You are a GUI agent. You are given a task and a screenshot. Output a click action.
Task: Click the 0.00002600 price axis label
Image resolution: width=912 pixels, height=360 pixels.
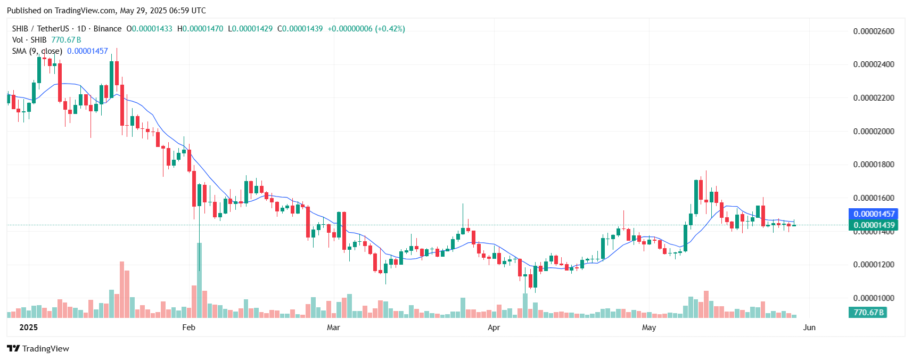[873, 31]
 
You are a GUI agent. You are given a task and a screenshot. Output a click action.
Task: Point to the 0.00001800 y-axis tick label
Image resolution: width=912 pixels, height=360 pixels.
[873, 165]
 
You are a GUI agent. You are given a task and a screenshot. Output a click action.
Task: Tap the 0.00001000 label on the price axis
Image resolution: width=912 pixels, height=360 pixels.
[873, 298]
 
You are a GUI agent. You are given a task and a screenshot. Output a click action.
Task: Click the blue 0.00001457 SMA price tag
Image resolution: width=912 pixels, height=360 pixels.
[873, 214]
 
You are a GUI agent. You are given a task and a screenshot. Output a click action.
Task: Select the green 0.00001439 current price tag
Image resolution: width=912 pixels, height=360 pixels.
[873, 225]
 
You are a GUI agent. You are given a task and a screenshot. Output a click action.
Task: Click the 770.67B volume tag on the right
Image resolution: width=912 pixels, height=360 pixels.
[868, 313]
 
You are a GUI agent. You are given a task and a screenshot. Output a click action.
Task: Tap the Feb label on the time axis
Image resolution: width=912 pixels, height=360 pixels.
[188, 328]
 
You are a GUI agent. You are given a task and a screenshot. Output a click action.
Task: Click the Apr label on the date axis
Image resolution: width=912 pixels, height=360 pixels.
[494, 328]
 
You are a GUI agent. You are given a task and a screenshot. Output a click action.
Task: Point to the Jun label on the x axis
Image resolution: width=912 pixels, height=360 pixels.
[809, 328]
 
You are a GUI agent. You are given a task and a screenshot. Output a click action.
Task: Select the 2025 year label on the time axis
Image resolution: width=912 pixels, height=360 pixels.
[28, 328]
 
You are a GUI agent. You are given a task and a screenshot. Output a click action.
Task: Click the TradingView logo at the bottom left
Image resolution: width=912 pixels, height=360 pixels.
[38, 349]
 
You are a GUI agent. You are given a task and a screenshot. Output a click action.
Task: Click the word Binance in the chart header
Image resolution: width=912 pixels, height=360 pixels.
[108, 29]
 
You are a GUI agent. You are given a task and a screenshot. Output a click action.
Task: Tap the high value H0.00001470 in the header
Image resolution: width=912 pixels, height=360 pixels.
[200, 29]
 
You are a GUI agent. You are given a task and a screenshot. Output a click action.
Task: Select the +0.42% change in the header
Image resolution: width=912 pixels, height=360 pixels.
[390, 29]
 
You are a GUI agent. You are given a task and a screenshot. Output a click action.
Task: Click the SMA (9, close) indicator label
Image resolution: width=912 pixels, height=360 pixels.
[37, 51]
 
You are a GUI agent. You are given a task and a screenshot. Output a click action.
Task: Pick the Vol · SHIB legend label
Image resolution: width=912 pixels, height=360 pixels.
[29, 40]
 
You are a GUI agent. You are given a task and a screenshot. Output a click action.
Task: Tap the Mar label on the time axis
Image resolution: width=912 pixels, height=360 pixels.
[333, 328]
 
